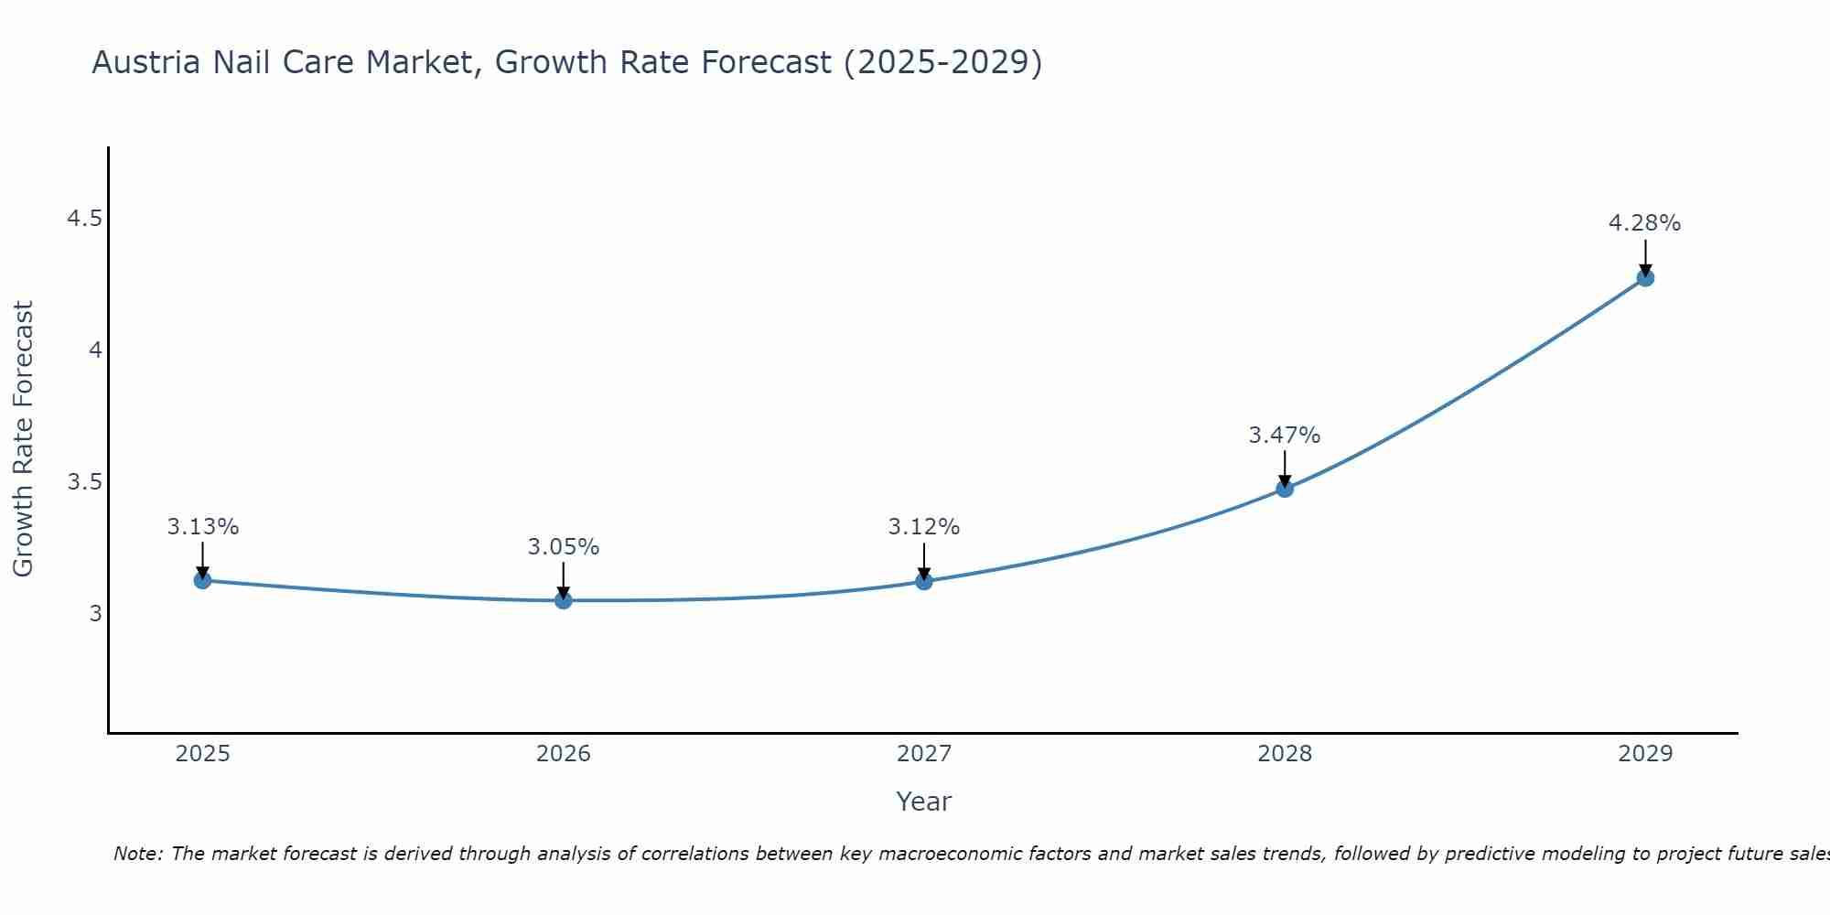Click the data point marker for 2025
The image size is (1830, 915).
tap(202, 580)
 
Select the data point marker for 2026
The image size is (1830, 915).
tap(563, 600)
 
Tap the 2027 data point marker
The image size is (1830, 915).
tap(924, 581)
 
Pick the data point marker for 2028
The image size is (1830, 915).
tap(1285, 489)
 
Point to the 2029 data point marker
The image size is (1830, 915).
tap(1645, 277)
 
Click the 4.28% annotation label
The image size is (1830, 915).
tap(1644, 223)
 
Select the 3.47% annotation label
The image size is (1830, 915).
tap(1285, 436)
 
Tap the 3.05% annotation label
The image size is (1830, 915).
tap(563, 547)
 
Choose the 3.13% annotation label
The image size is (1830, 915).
tap(202, 527)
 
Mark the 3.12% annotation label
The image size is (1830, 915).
tap(924, 527)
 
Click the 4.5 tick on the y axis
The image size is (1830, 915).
tap(84, 219)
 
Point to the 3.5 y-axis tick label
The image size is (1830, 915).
tap(84, 482)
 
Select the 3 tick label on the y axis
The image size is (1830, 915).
tap(95, 613)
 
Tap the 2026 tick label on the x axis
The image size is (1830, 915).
tap(563, 754)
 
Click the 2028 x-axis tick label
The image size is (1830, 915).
tap(1285, 754)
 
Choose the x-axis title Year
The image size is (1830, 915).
tap(923, 802)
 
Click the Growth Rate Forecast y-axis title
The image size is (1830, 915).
tap(23, 439)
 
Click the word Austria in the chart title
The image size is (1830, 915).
tap(146, 63)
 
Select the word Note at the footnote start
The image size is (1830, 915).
tap(137, 854)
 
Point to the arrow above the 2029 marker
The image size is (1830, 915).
tap(1645, 256)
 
